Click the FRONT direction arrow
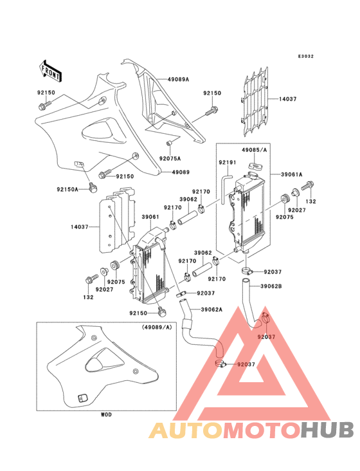[50, 71]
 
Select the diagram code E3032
[306, 56]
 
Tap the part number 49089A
[178, 80]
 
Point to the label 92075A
[170, 158]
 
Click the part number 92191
[228, 162]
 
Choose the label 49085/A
[255, 149]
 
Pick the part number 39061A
[292, 174]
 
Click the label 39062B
[271, 286]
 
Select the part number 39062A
[212, 309]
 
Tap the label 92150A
[67, 189]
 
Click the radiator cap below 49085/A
[255, 166]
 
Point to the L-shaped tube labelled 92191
[226, 190]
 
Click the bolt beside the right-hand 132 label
[307, 186]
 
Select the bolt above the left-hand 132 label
[91, 279]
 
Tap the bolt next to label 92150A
[93, 187]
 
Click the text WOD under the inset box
[106, 414]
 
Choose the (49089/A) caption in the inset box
[157, 327]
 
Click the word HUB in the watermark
[328, 430]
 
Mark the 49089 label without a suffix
[181, 172]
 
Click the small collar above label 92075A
[169, 143]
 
